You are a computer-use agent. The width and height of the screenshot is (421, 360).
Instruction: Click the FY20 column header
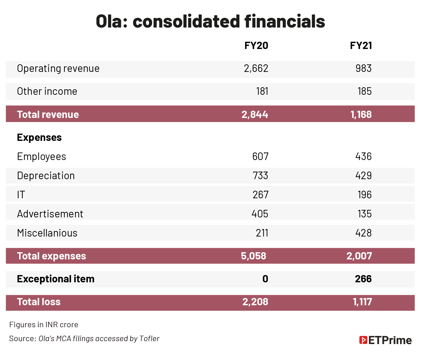(x=256, y=46)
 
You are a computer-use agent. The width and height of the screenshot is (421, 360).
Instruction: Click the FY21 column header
(x=361, y=46)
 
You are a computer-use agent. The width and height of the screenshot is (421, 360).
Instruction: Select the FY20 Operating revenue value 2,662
(x=256, y=68)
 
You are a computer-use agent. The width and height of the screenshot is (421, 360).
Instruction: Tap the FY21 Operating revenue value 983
(x=363, y=68)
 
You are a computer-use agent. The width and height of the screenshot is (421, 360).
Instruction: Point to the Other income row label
(x=47, y=91)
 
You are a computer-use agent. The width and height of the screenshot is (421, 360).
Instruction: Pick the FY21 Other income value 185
(x=364, y=91)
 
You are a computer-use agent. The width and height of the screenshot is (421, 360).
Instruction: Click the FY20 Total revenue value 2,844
(x=255, y=114)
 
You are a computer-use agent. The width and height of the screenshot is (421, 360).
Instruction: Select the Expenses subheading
(x=39, y=137)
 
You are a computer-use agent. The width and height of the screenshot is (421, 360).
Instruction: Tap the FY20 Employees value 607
(x=260, y=157)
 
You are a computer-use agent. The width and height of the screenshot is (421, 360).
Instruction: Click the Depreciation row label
(x=46, y=176)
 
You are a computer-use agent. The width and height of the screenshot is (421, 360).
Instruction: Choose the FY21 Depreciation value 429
(x=363, y=176)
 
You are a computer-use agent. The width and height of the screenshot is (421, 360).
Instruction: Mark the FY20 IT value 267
(x=260, y=194)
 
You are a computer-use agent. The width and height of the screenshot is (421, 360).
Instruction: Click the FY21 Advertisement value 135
(x=364, y=214)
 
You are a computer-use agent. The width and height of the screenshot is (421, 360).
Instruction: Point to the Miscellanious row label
(x=47, y=233)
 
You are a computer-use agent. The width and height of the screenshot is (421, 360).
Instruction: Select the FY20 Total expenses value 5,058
(x=253, y=256)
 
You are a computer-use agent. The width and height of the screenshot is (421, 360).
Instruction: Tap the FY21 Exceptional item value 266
(x=363, y=279)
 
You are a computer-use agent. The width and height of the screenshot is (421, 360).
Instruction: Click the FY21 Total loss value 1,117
(x=362, y=302)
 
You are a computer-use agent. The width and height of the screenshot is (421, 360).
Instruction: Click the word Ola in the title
(x=108, y=21)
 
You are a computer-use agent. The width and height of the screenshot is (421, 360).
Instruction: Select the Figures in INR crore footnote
(x=43, y=324)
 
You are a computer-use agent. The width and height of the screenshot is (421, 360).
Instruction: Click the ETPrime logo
(x=385, y=340)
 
